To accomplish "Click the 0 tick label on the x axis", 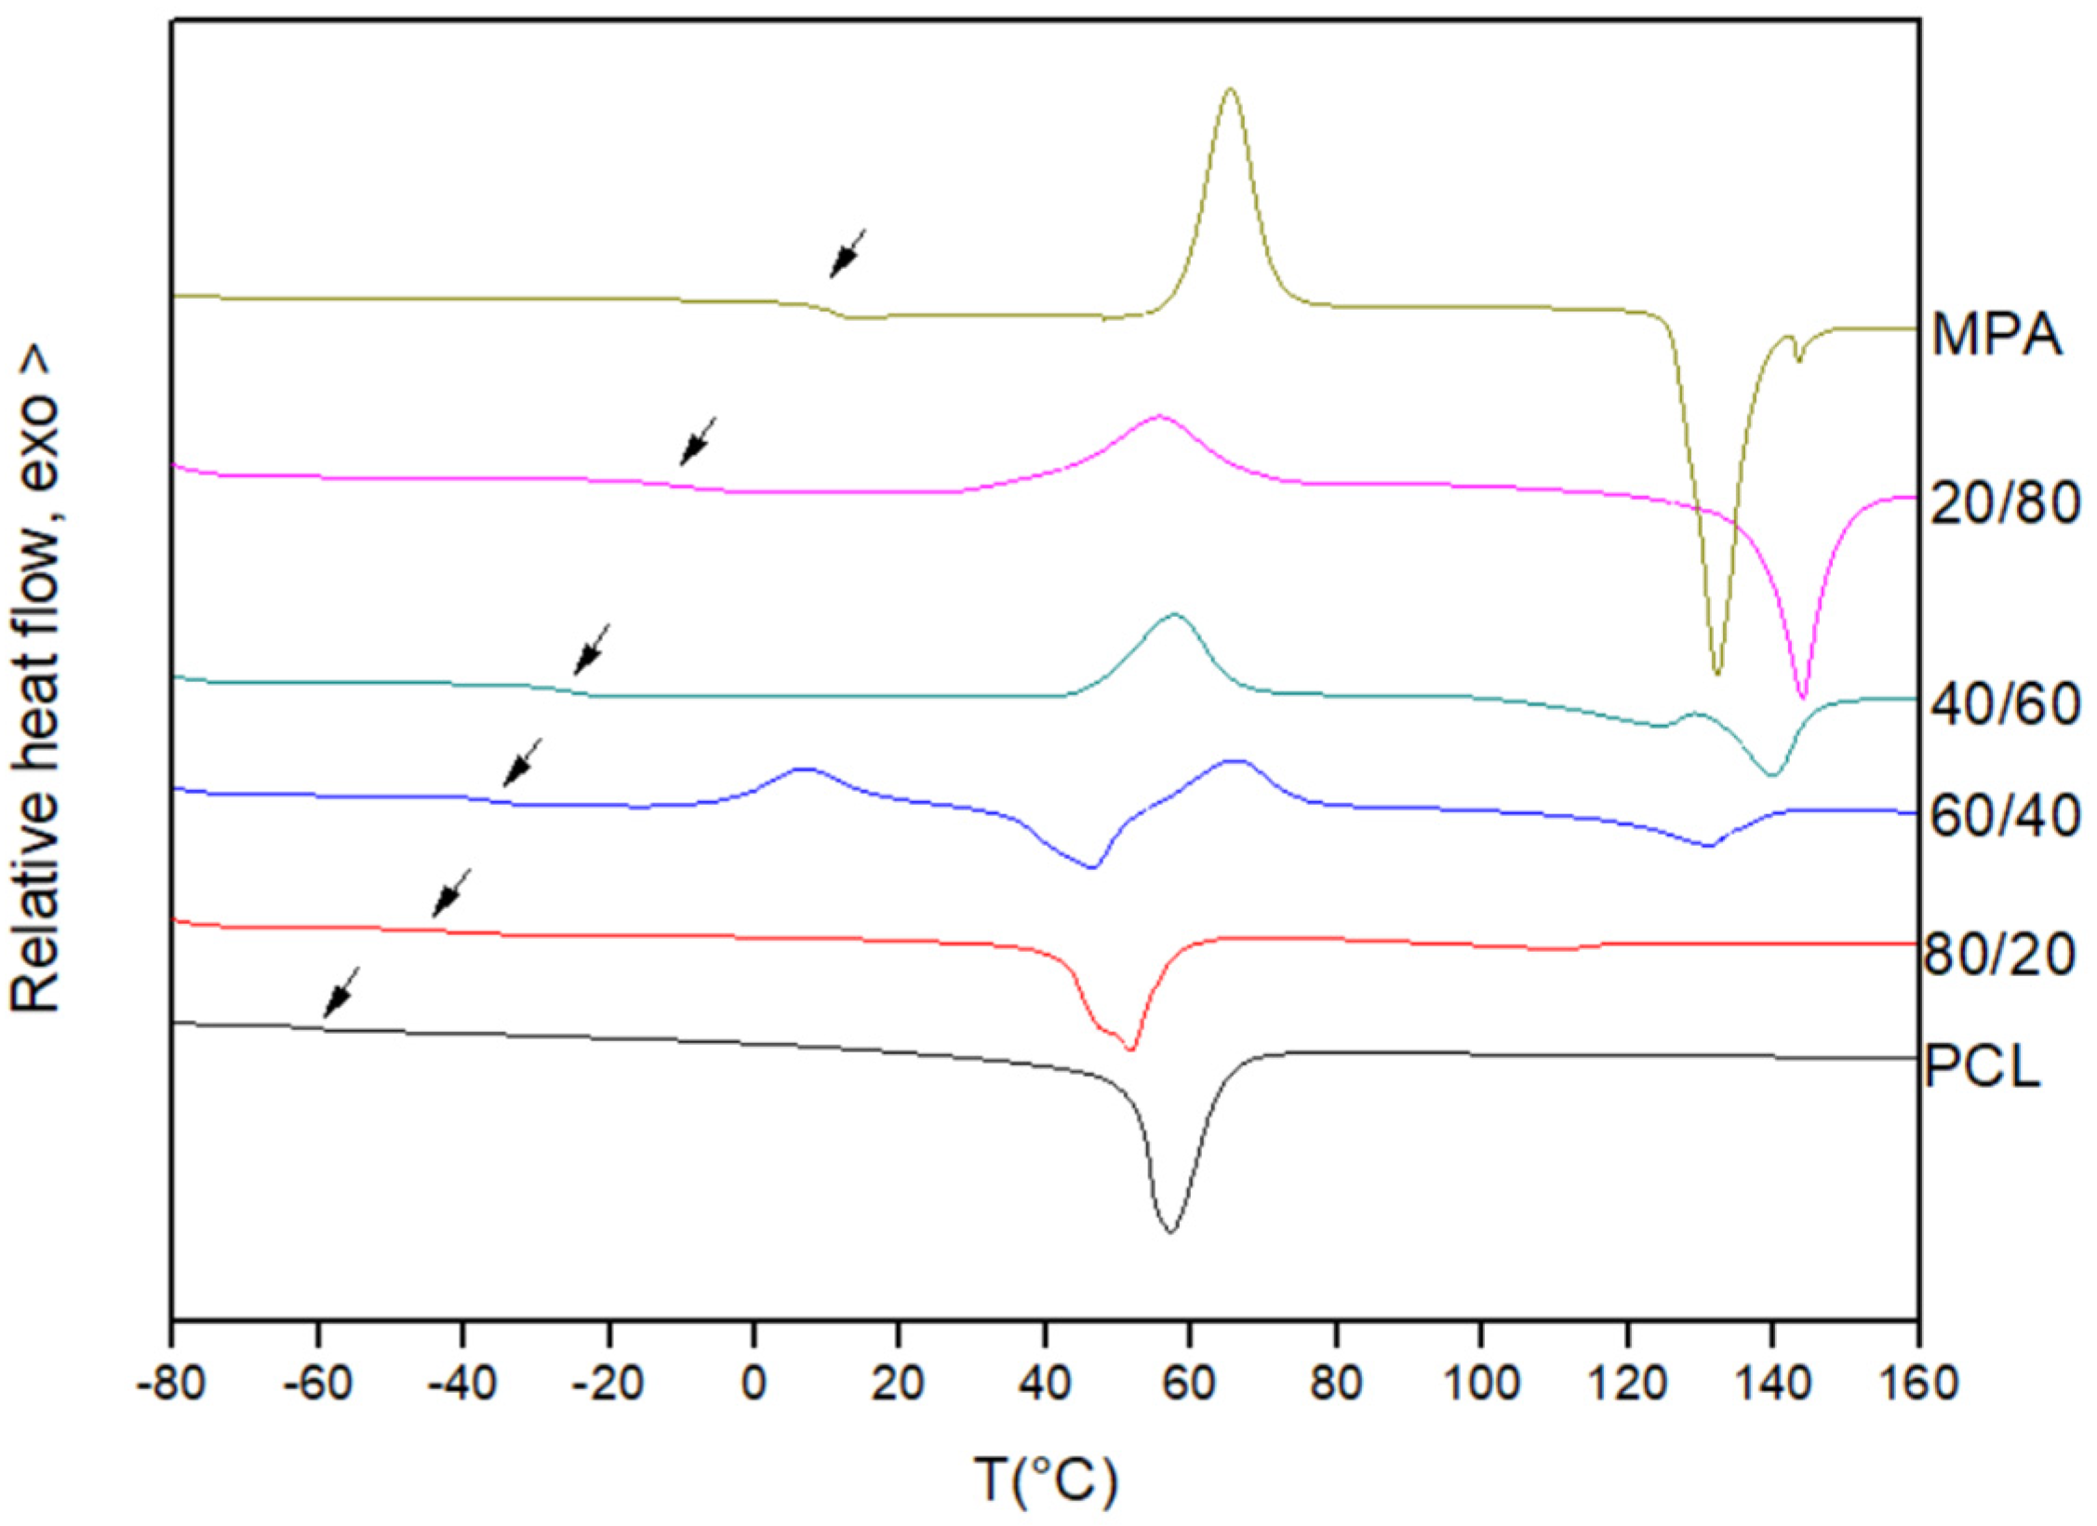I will point(754,1384).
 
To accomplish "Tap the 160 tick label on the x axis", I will point(1918,1384).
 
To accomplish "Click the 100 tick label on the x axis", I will point(1479,1384).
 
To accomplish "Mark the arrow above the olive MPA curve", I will point(847,253).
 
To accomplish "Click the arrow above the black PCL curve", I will point(341,992).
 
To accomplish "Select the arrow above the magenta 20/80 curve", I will point(698,441).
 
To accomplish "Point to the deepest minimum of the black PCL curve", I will point(1170,1231).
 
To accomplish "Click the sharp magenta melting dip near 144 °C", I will point(1802,696).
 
